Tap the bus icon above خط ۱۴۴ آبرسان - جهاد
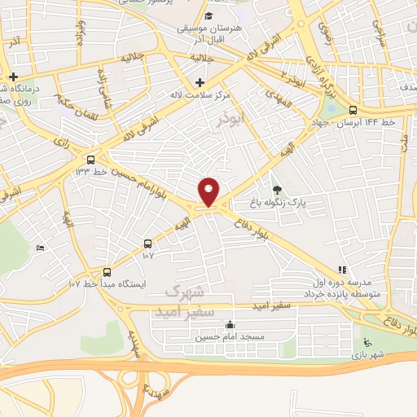point(353,110)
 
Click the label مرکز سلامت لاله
point(200,94)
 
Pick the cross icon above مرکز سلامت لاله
point(200,82)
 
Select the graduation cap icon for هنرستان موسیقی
point(208,15)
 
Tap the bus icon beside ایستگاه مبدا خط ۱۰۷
point(108,272)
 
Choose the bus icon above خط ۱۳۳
point(90,160)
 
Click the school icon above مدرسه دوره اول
point(343,269)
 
